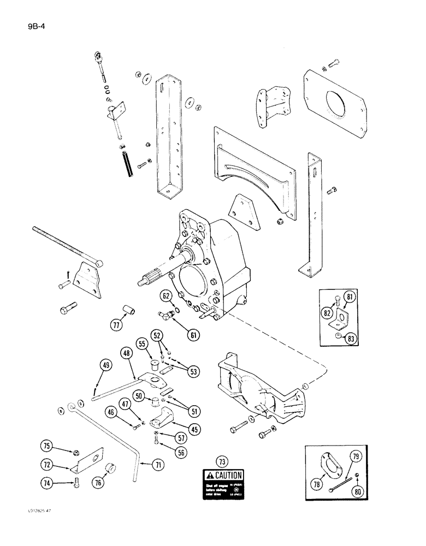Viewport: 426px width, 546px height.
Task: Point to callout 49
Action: tap(107, 365)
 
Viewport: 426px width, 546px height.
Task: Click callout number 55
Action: tap(143, 345)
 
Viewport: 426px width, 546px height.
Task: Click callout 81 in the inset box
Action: tap(350, 297)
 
